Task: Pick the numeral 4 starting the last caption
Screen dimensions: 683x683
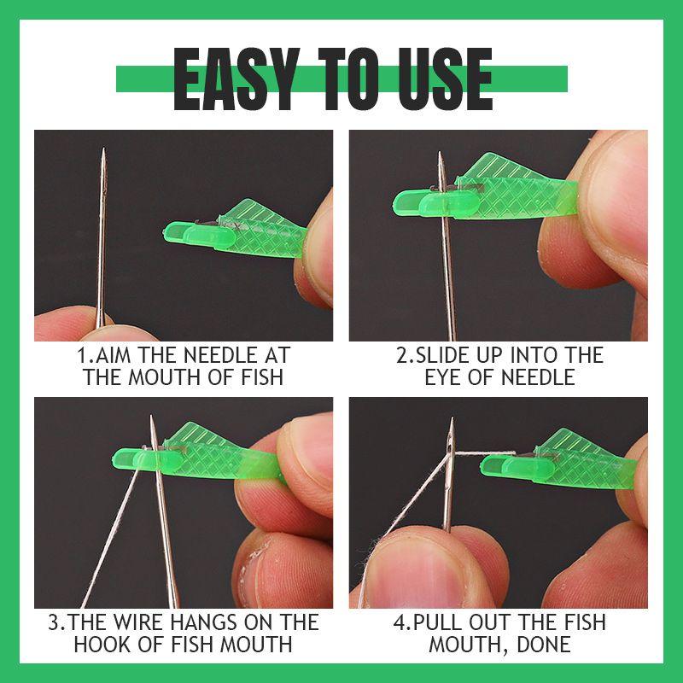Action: pyautogui.click(x=399, y=622)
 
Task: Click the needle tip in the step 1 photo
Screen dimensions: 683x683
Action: pyautogui.click(x=103, y=152)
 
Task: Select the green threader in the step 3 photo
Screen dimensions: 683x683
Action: pyautogui.click(x=205, y=452)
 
